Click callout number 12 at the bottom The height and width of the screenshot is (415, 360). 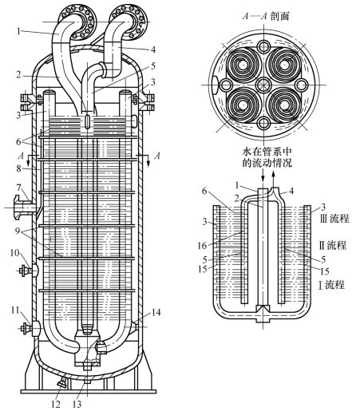pos(56,405)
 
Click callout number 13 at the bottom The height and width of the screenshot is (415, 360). pos(77,405)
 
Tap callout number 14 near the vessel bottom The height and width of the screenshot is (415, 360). pos(156,312)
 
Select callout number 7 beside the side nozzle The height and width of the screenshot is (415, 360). pos(18,188)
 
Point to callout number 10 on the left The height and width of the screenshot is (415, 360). pos(15,253)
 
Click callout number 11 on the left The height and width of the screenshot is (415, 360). pos(15,310)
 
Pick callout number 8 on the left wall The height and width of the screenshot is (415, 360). pos(18,168)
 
